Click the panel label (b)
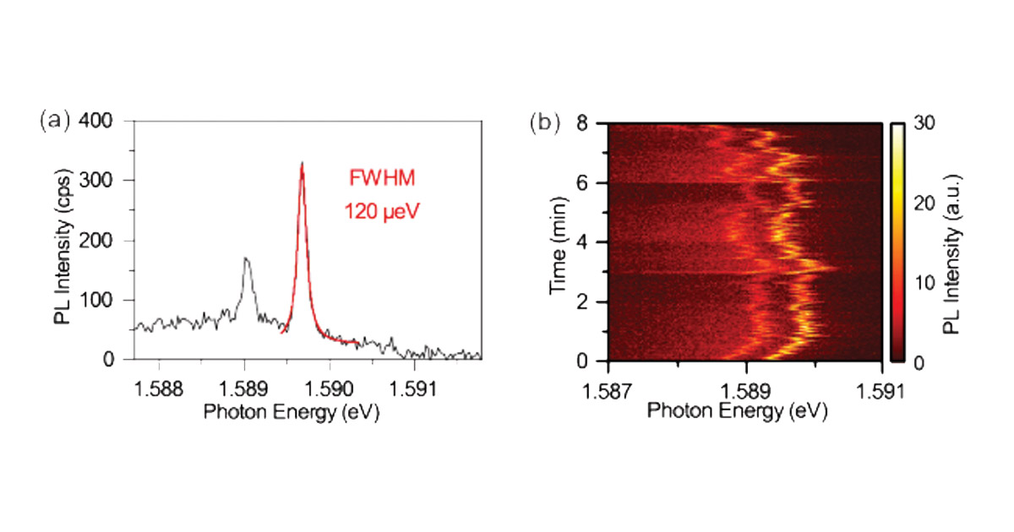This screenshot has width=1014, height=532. (x=545, y=122)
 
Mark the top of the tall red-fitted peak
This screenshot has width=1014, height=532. (x=302, y=163)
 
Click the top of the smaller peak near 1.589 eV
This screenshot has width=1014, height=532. (x=245, y=258)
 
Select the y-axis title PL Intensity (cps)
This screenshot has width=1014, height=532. (x=62, y=241)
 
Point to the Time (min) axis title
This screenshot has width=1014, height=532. (x=559, y=242)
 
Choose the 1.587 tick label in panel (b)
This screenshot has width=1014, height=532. (x=609, y=391)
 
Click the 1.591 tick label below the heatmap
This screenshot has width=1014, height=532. (x=882, y=391)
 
